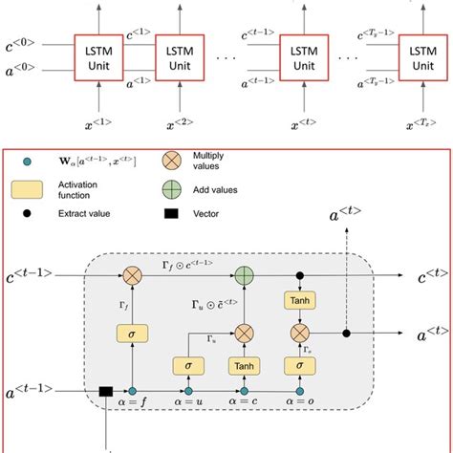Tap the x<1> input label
point(99,123)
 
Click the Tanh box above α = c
point(244,364)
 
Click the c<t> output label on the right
point(429,278)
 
